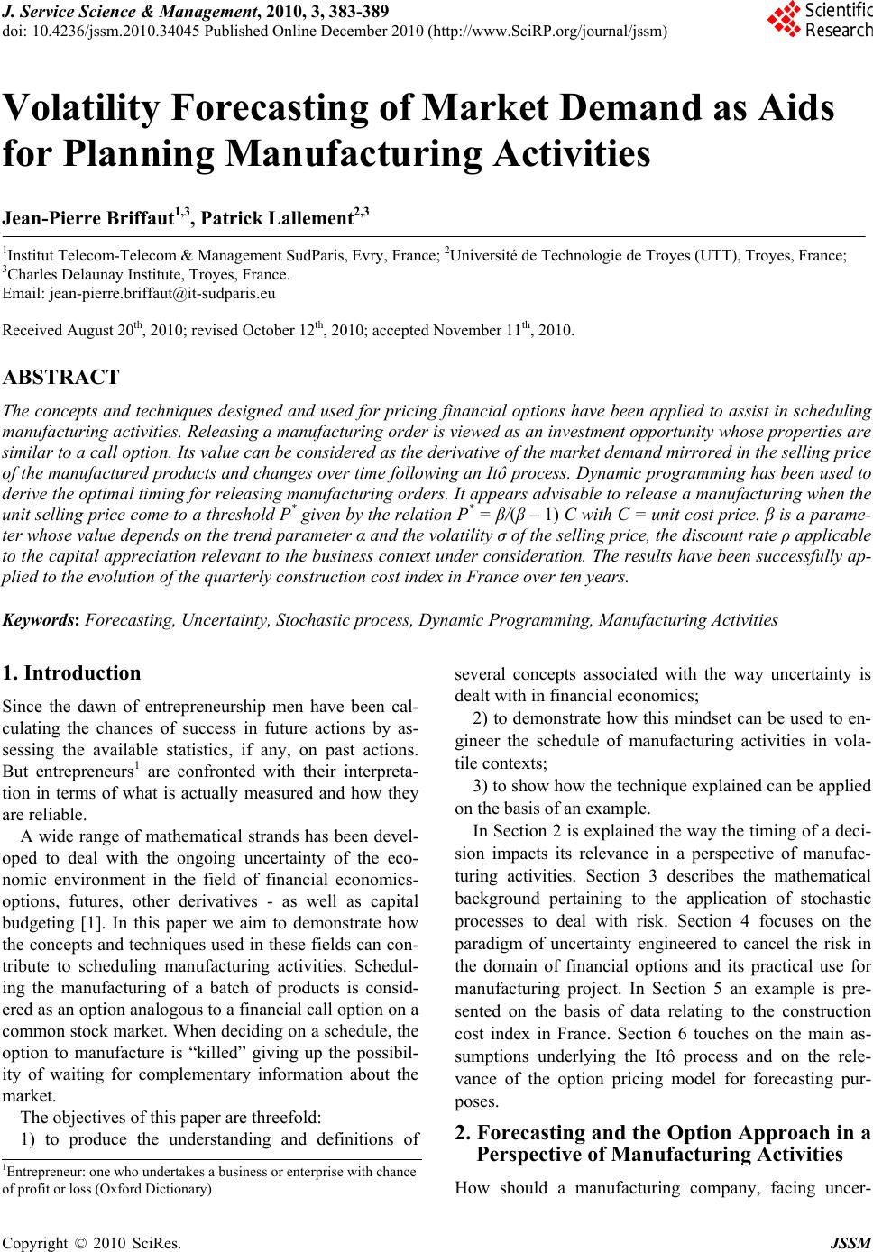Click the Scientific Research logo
coord(819,19)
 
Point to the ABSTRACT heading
coord(61,377)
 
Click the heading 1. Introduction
coord(72,673)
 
